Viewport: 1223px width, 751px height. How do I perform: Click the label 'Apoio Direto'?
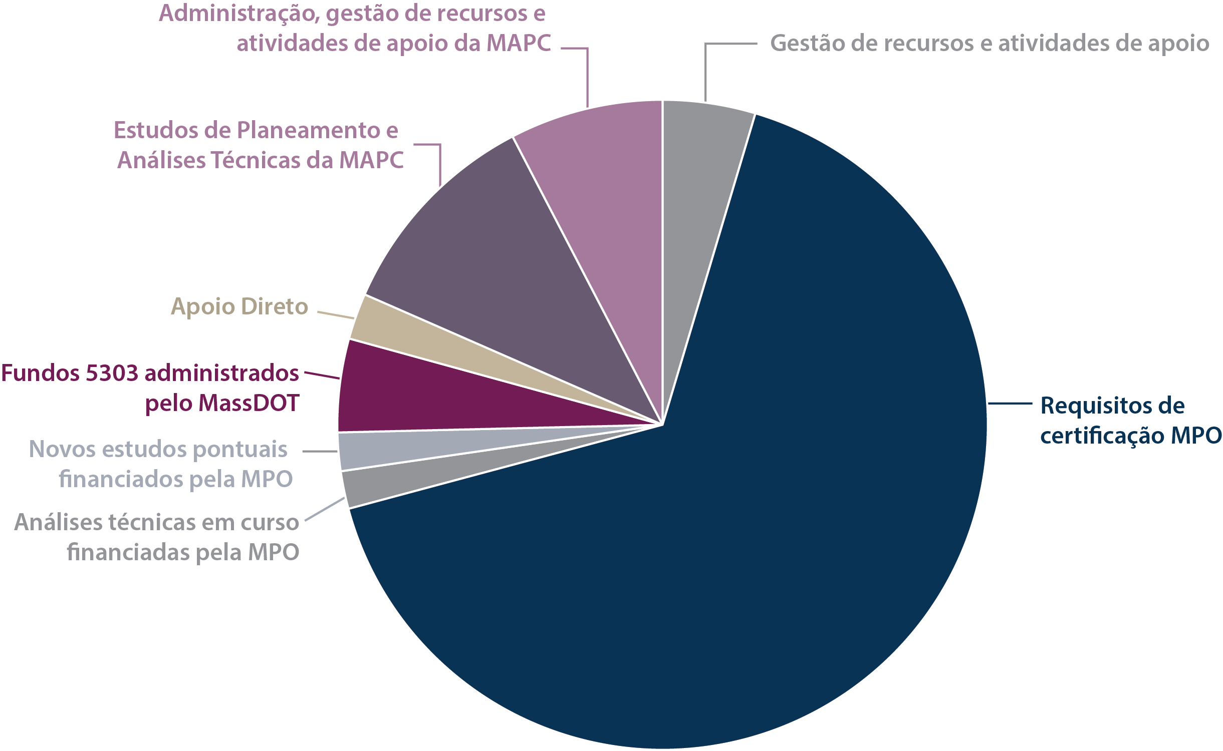point(239,306)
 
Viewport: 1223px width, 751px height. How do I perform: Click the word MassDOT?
point(249,404)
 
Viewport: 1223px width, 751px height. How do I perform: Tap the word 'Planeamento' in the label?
point(309,131)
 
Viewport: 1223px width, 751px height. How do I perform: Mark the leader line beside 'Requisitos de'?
point(1010,404)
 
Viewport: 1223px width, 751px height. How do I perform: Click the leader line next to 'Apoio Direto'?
point(336,315)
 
